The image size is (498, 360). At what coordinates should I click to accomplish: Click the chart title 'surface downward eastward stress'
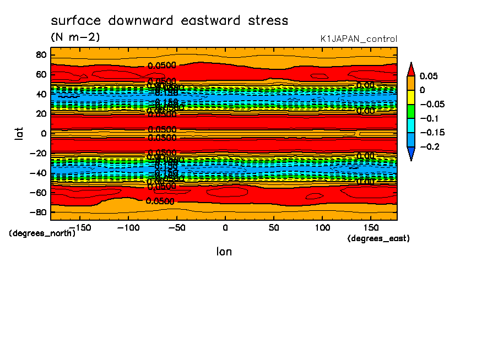pos(169,21)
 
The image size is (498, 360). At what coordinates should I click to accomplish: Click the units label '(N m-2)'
pos(75,37)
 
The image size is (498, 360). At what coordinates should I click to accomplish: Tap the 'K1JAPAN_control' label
pos(358,39)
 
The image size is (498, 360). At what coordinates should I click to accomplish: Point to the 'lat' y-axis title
pos(19,133)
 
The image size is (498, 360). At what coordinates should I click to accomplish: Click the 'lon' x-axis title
pos(224,252)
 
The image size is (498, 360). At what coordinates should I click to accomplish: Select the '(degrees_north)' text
pos(42,233)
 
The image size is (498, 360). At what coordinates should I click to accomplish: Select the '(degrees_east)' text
pos(378,238)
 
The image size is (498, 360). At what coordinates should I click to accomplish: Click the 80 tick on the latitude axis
pos(40,54)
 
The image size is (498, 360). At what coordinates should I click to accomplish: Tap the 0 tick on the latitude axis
pos(43,133)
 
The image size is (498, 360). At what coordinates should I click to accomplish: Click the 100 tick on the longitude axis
pos(322,227)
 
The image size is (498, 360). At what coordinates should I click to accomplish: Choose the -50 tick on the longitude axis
pos(176,227)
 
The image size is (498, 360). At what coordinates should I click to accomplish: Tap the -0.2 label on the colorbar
pos(429,147)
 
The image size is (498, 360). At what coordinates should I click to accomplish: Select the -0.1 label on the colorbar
pos(429,118)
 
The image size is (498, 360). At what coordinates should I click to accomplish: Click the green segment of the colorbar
pos(410,111)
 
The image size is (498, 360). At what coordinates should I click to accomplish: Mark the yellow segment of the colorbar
pos(410,97)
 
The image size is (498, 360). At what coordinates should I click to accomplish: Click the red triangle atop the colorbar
pos(410,69)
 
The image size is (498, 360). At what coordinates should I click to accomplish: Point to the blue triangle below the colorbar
pos(410,154)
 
